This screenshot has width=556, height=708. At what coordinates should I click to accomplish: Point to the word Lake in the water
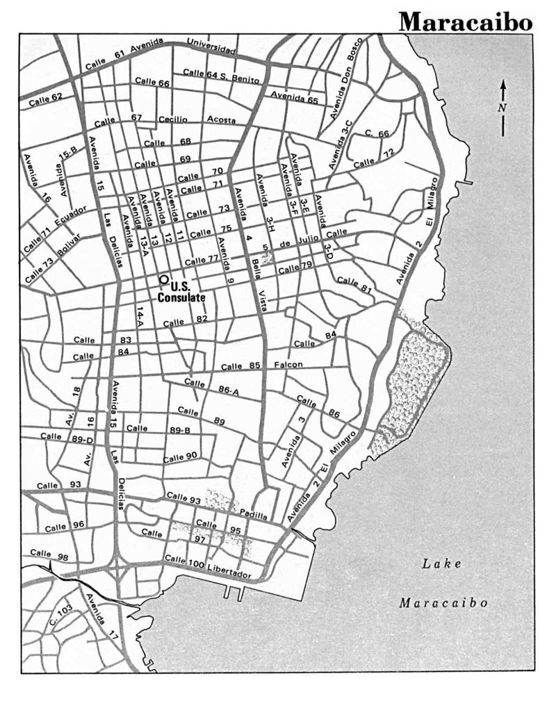tap(442, 563)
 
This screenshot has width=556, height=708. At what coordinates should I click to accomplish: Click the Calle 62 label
tap(47, 99)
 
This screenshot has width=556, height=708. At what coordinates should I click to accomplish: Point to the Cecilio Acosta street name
tap(197, 119)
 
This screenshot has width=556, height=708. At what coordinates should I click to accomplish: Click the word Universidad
tap(211, 45)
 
